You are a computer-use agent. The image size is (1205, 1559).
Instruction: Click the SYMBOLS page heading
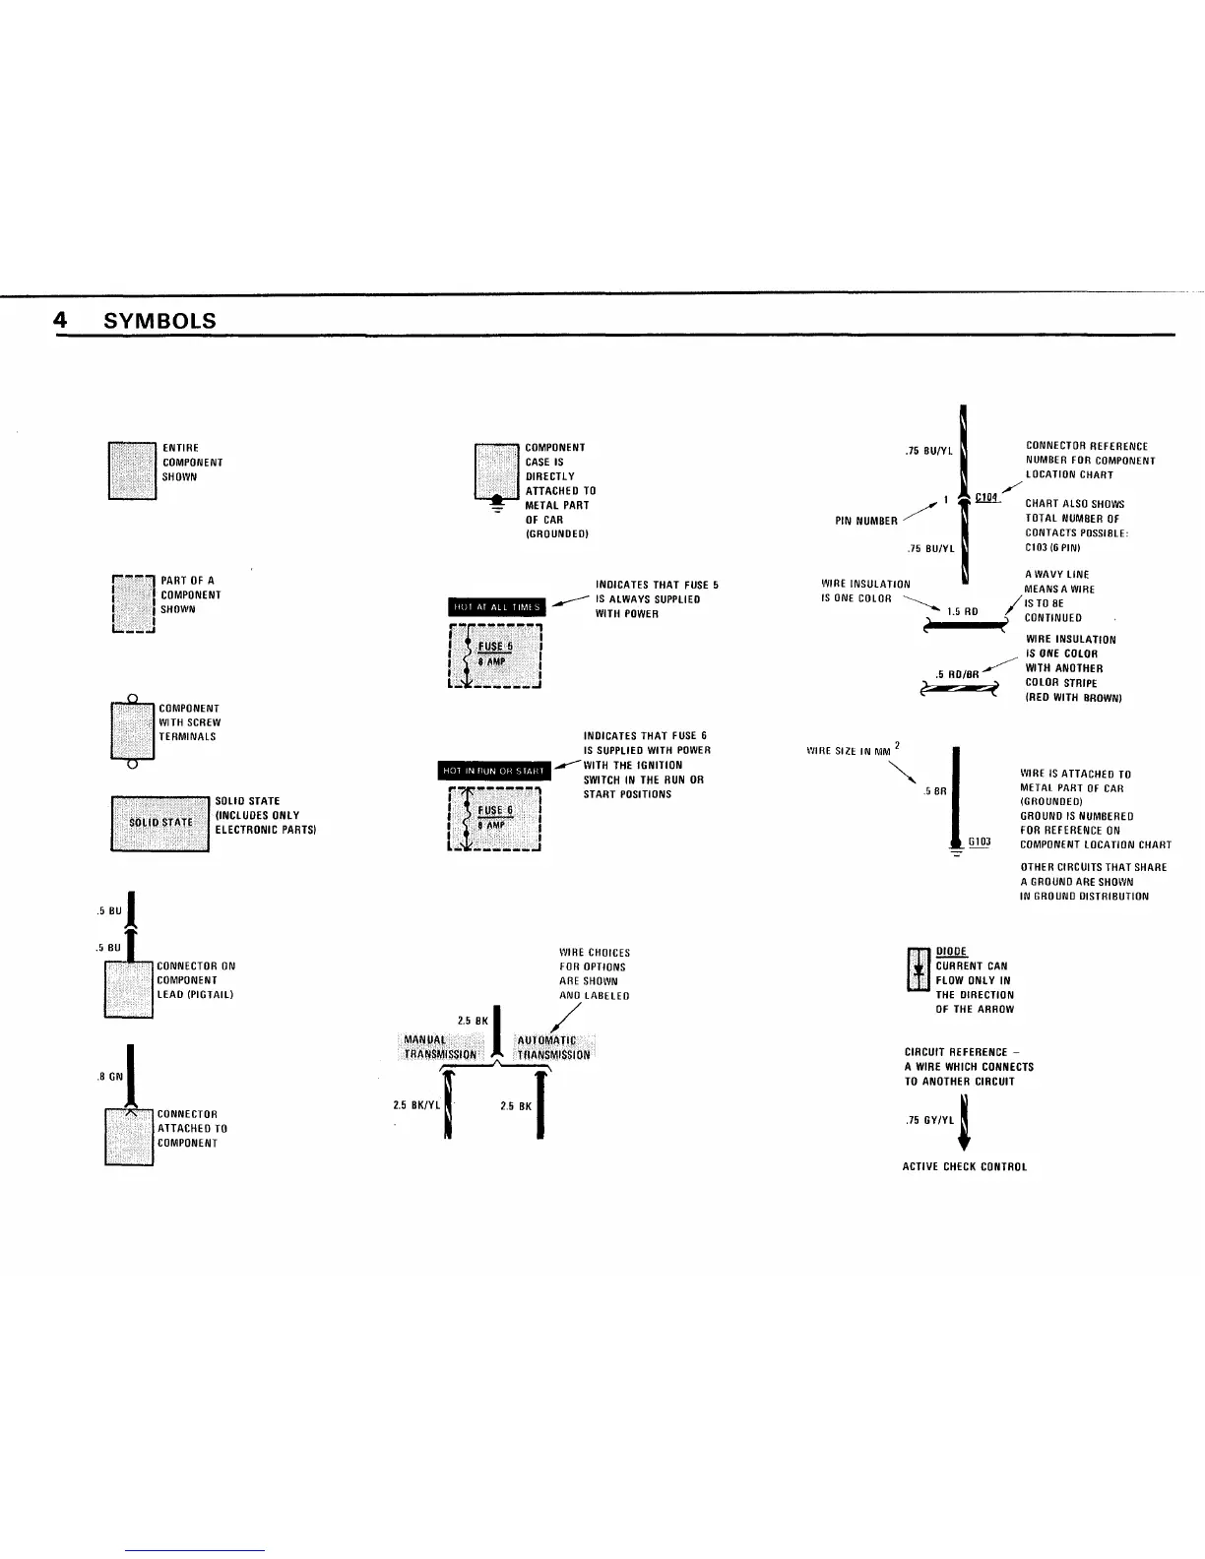point(159,321)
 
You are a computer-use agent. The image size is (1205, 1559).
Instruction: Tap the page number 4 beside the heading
point(61,321)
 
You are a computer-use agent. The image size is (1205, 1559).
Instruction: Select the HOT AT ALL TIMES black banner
point(496,607)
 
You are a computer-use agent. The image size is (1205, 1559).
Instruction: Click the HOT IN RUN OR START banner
point(494,771)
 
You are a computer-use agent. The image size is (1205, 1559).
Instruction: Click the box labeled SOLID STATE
point(159,823)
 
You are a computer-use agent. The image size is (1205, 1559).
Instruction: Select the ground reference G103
point(979,842)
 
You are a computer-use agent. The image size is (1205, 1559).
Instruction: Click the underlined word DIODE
point(951,952)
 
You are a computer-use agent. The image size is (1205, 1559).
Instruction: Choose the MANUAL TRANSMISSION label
point(439,1047)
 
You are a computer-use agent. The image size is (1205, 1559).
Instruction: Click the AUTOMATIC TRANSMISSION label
point(553,1047)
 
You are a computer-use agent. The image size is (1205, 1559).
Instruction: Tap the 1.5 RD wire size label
point(962,611)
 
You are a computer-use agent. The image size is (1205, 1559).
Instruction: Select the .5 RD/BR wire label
point(957,674)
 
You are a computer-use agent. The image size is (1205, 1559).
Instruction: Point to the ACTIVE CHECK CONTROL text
point(964,1167)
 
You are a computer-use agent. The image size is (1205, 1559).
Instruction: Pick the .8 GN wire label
point(109,1076)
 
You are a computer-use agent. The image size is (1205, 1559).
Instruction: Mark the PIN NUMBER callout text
point(865,521)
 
